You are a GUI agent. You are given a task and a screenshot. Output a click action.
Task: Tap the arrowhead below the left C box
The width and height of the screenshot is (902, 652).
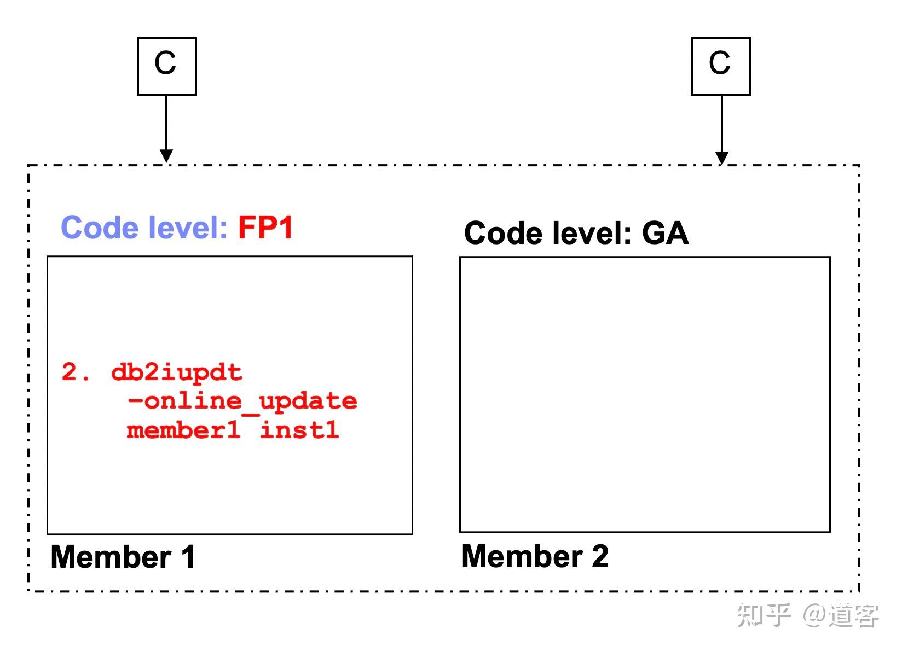tap(166, 156)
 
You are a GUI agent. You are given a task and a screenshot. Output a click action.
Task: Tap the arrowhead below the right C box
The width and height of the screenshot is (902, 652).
tap(721, 158)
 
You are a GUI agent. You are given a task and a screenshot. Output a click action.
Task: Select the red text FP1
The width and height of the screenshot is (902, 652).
tap(265, 228)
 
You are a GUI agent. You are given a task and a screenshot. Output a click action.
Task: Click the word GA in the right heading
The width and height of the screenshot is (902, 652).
tap(665, 233)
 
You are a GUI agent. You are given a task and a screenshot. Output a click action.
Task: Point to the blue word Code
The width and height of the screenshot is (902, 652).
tap(100, 228)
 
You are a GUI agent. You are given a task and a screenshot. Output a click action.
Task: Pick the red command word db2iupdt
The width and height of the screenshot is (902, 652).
tap(177, 372)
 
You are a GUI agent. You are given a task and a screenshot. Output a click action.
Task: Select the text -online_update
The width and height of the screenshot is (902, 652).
tap(242, 402)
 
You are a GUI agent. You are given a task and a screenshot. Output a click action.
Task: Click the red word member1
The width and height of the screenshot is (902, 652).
tap(183, 430)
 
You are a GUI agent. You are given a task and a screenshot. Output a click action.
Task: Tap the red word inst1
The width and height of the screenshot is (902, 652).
tap(299, 430)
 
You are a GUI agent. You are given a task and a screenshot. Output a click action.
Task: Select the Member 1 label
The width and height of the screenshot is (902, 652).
tap(123, 557)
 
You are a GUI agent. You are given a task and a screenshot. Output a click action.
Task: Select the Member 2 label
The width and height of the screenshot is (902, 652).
tap(535, 556)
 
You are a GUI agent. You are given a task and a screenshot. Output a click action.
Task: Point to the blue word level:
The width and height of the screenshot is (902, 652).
tap(188, 228)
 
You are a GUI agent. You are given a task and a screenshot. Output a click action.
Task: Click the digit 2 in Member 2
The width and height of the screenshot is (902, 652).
tap(600, 556)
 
